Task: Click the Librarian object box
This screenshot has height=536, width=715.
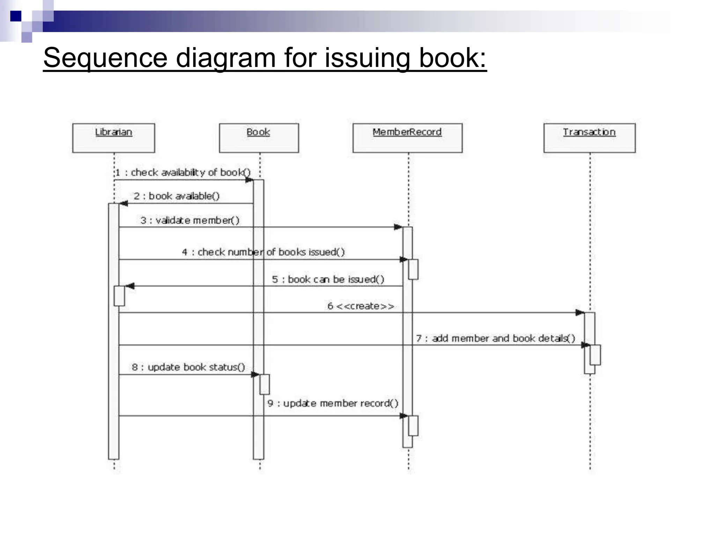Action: [x=113, y=138]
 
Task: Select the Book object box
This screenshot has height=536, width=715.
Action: [x=259, y=138]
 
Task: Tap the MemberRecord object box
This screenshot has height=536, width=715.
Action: [x=407, y=138]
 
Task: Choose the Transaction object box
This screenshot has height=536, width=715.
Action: [x=589, y=138]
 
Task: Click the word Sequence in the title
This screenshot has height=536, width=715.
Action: [x=105, y=58]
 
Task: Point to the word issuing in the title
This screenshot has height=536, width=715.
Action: [x=367, y=58]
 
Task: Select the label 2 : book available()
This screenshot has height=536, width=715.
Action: [x=177, y=196]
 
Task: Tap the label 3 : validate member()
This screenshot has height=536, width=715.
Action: [x=190, y=221]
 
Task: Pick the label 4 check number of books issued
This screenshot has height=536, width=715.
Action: [x=263, y=252]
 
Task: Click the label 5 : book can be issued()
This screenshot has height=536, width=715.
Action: [x=328, y=279]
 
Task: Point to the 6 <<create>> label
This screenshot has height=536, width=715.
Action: [x=361, y=306]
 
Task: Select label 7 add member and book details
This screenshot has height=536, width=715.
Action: [x=495, y=338]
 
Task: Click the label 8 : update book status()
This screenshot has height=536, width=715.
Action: [x=188, y=367]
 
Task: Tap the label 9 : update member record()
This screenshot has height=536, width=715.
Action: [x=333, y=403]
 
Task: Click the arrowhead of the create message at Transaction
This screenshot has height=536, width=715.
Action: [x=580, y=312]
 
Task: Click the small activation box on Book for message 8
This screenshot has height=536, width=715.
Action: [x=265, y=384]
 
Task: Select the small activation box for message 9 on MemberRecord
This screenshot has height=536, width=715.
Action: [x=413, y=425]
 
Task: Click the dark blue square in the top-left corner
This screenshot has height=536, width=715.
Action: [x=16, y=16]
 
